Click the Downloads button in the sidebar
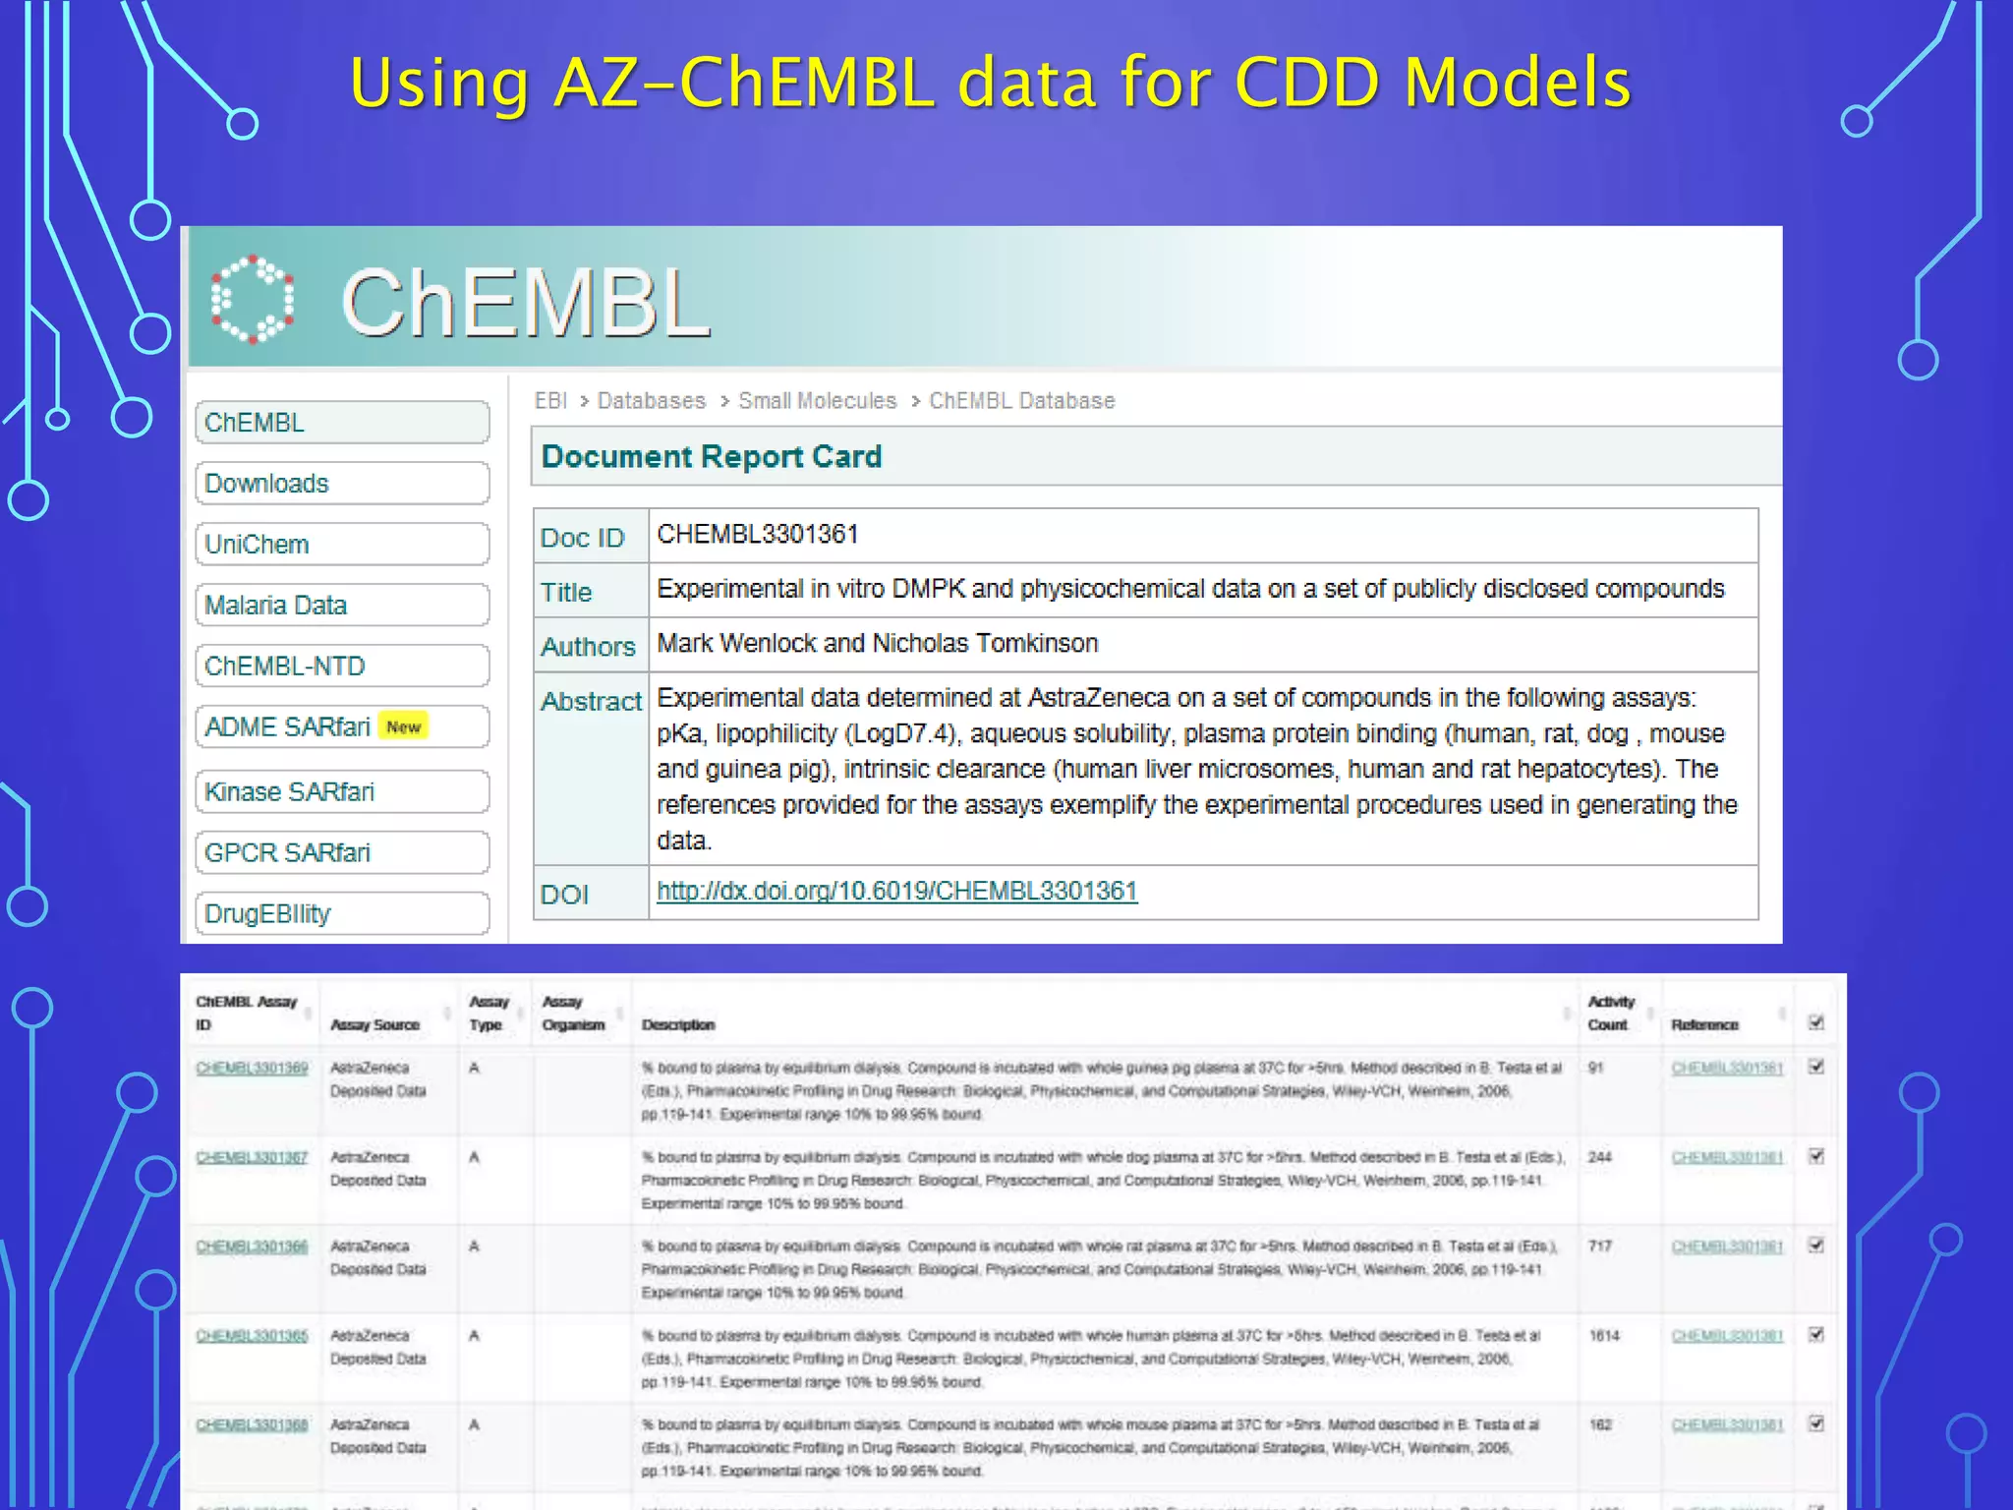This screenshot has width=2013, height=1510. pos(342,484)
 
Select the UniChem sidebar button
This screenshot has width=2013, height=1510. pos(342,545)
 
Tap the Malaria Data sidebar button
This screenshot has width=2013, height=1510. pos(342,606)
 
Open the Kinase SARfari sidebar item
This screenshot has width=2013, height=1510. pos(342,792)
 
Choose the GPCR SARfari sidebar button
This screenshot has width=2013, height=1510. pos(342,853)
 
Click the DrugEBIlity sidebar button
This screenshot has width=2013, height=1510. pos(342,914)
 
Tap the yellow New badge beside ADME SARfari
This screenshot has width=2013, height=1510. pos(403,726)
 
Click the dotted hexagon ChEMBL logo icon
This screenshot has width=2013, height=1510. pos(253,300)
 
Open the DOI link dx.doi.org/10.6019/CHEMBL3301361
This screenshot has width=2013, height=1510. pos(896,892)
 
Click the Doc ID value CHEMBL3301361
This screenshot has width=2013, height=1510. pos(757,535)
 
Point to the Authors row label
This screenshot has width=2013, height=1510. pos(588,647)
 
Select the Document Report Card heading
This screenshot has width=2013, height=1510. pos(712,457)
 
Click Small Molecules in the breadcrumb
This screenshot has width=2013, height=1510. pos(817,401)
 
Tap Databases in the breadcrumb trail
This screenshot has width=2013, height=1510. pos(651,401)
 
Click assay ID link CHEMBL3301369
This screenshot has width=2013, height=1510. pos(252,1069)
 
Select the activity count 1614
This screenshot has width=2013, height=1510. pos(1604,1336)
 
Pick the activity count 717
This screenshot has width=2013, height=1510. pos(1600,1247)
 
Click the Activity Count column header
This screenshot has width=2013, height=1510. pos(1611,1014)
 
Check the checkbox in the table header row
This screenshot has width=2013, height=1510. pos(1816,1023)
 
